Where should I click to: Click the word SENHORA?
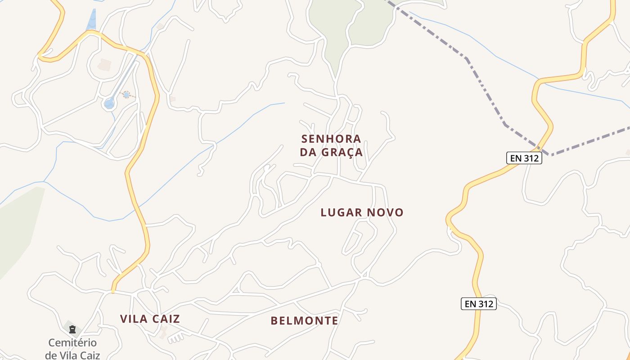(x=331, y=139)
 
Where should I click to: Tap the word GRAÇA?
(x=342, y=152)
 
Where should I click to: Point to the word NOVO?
(x=385, y=212)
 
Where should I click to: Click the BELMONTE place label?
(x=304, y=320)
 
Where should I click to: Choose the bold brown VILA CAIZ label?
(x=150, y=319)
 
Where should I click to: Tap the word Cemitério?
(x=72, y=343)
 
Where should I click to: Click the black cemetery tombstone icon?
(x=72, y=330)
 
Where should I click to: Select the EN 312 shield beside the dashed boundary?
(x=524, y=158)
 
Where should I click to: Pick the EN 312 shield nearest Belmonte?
(x=479, y=304)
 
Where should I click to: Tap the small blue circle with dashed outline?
(x=126, y=94)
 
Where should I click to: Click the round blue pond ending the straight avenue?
(x=109, y=103)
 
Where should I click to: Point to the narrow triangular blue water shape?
(x=92, y=20)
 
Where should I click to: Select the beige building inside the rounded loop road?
(x=104, y=65)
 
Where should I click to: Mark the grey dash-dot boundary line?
(x=486, y=90)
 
